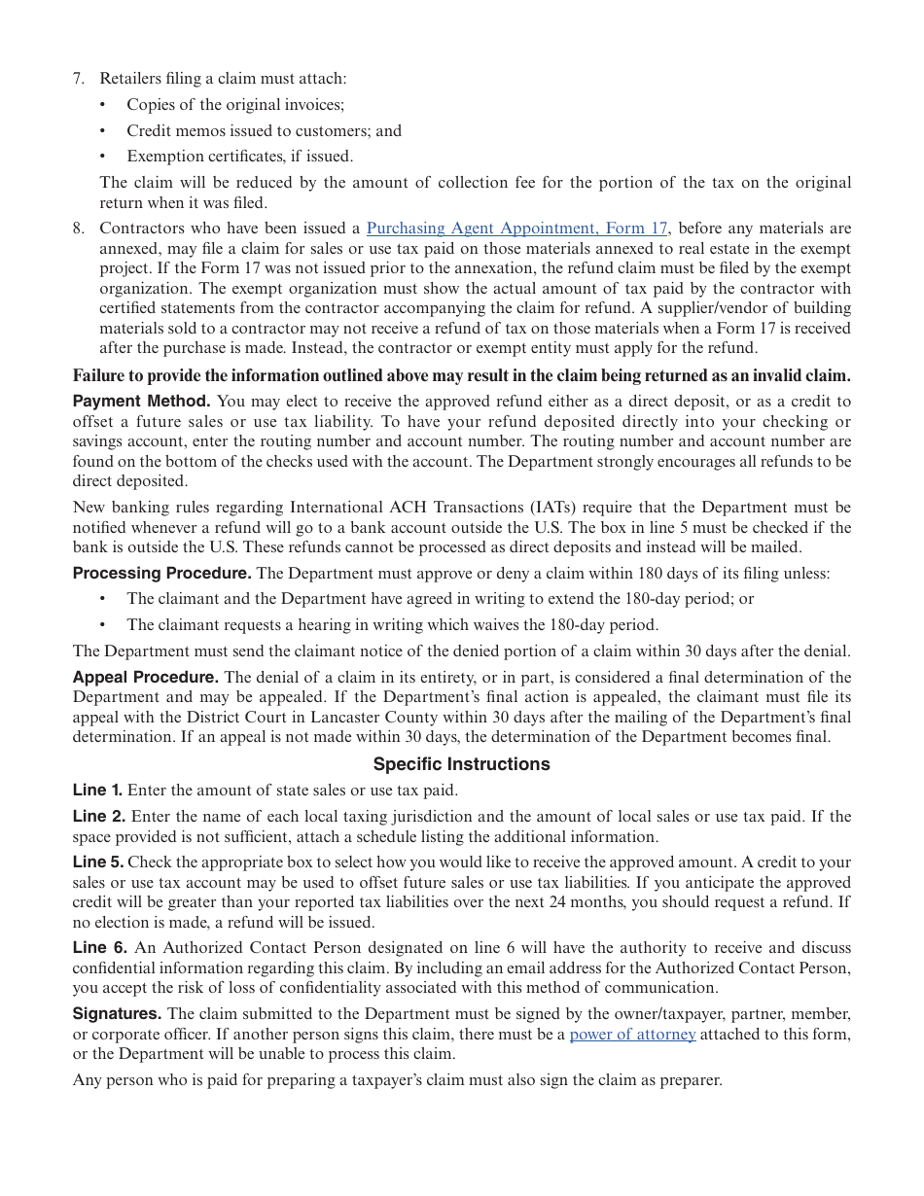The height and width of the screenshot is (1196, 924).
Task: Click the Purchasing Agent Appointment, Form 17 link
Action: (517, 229)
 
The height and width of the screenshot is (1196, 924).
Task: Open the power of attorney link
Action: (632, 1035)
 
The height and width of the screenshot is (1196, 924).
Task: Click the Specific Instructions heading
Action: (461, 764)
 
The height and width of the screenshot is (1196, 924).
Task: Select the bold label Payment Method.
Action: (141, 402)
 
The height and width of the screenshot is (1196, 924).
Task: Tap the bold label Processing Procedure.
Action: (161, 574)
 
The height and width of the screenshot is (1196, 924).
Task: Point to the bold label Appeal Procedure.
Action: (145, 678)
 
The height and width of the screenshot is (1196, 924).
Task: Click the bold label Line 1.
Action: (97, 791)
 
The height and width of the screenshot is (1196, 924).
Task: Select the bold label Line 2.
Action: (98, 817)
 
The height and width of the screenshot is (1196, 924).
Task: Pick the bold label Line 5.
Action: (97, 862)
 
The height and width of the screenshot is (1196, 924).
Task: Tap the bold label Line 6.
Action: (99, 948)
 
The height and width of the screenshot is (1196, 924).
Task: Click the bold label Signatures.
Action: (117, 1014)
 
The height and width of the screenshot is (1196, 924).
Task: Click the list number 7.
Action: (79, 79)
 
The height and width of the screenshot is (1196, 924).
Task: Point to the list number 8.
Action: (79, 229)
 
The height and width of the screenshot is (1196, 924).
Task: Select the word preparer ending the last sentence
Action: (691, 1080)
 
